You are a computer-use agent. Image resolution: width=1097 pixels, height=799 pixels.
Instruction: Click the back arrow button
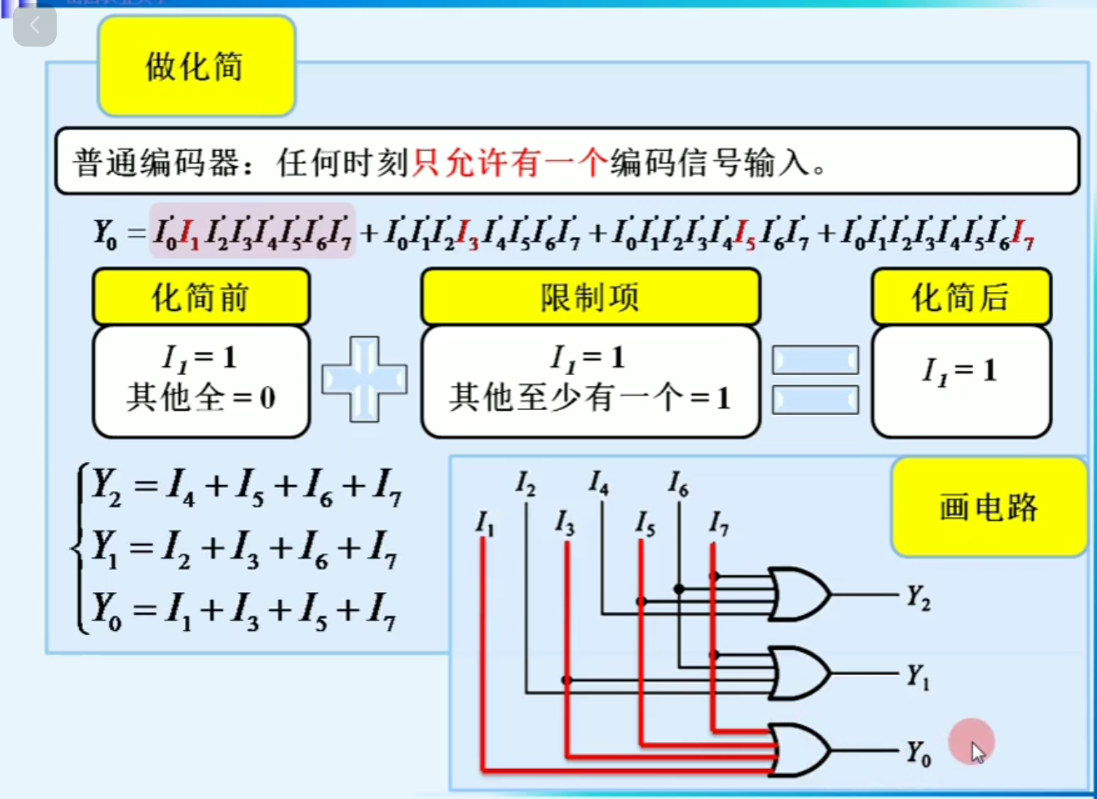click(x=34, y=26)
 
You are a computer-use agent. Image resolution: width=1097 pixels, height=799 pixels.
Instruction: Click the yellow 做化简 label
click(x=196, y=66)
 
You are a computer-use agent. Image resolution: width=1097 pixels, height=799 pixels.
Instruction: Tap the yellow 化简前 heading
click(x=201, y=296)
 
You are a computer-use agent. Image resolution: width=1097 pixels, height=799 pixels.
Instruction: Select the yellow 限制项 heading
click(x=590, y=296)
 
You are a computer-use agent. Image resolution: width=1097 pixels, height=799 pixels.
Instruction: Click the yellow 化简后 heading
click(x=961, y=296)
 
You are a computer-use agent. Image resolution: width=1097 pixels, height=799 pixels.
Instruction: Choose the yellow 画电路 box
click(x=988, y=507)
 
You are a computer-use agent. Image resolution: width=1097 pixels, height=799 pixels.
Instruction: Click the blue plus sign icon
click(x=364, y=379)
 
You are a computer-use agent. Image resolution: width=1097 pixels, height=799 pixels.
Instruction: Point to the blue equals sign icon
click(x=815, y=379)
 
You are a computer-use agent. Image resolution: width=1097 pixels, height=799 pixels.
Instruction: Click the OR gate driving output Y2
click(x=798, y=594)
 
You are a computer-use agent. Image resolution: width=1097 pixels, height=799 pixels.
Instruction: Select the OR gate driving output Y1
click(x=798, y=673)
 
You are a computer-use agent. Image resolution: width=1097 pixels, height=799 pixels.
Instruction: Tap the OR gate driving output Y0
click(x=798, y=750)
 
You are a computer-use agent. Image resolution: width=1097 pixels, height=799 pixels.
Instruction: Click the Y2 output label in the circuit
click(x=918, y=597)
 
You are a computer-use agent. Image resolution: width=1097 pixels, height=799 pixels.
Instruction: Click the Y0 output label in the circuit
click(x=918, y=753)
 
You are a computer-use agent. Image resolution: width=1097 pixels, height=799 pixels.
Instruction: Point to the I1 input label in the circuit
click(x=484, y=523)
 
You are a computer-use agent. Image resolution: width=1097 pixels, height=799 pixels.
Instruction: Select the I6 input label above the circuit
click(x=678, y=483)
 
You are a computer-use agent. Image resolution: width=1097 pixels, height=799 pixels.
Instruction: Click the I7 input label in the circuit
click(x=718, y=523)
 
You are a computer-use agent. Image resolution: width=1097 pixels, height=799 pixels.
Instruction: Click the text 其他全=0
click(x=201, y=398)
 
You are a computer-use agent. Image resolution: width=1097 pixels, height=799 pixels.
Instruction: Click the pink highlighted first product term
click(x=252, y=232)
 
